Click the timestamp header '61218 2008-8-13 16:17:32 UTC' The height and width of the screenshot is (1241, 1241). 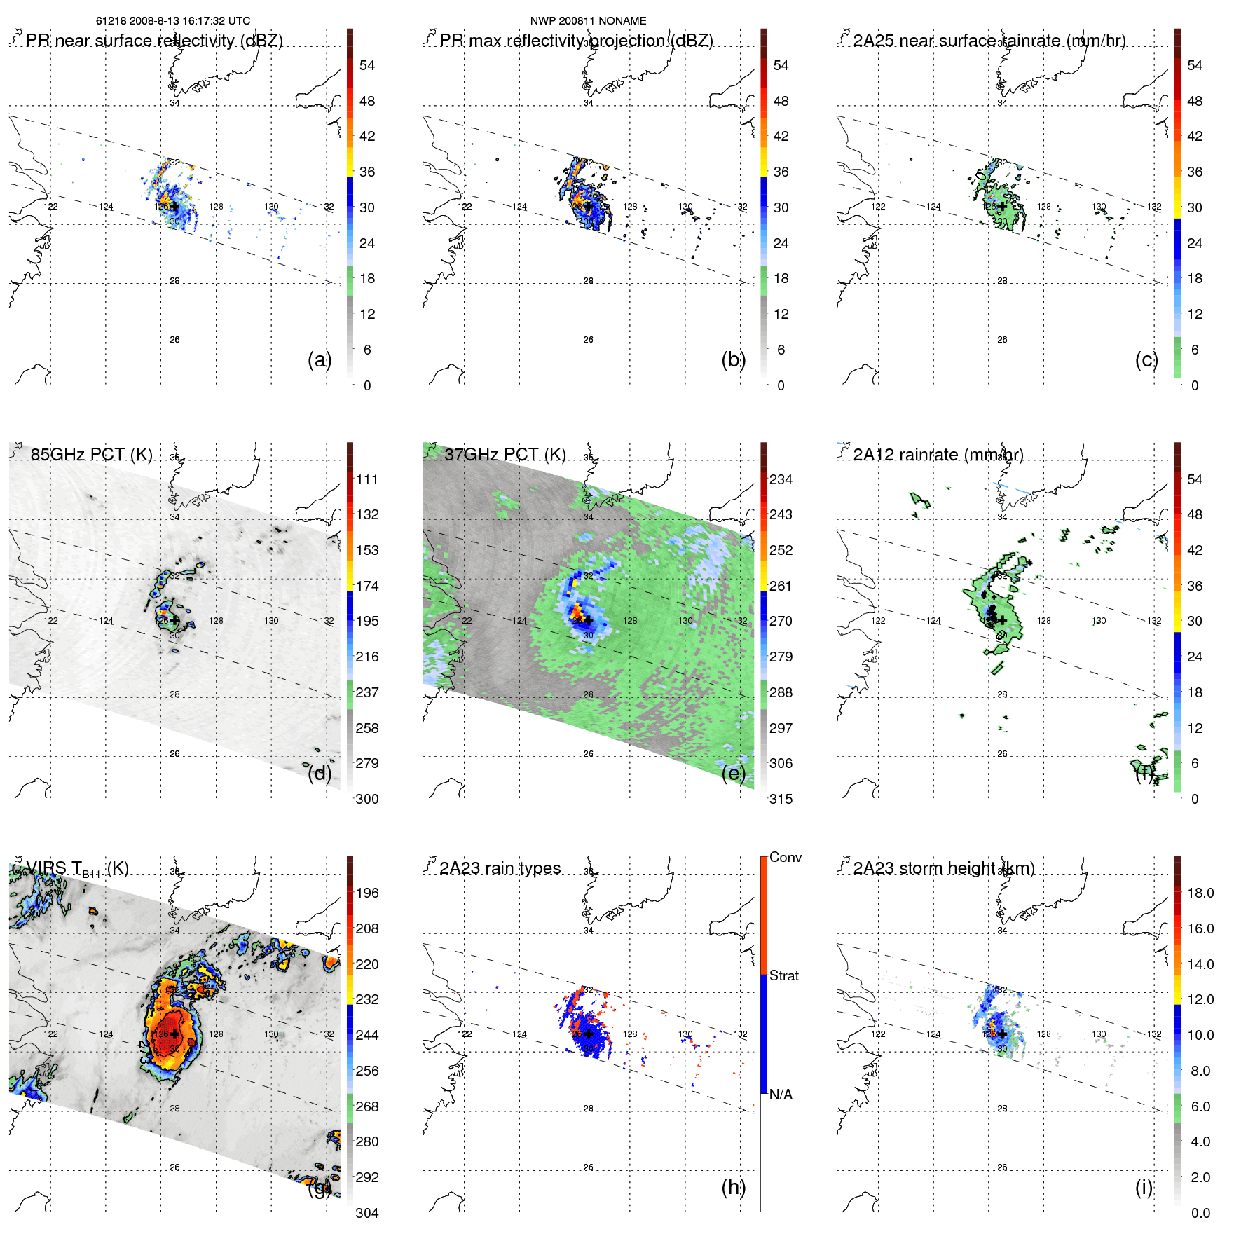click(x=172, y=21)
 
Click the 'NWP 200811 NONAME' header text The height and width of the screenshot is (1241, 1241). click(x=588, y=21)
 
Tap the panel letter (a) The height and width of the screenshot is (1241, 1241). click(x=320, y=359)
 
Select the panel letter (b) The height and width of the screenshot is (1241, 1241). click(x=734, y=359)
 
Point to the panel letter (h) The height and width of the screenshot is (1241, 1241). click(x=734, y=1187)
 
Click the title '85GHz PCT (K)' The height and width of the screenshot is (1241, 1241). click(x=92, y=455)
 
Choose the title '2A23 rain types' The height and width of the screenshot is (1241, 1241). click(x=500, y=869)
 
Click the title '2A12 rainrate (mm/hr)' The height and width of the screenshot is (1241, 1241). click(x=938, y=455)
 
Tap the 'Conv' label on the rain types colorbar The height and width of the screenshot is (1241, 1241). click(x=786, y=857)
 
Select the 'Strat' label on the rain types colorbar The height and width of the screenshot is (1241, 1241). click(x=784, y=975)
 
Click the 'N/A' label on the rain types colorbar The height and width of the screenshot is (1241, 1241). click(x=781, y=1095)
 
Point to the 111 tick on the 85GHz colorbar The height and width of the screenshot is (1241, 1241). click(x=367, y=479)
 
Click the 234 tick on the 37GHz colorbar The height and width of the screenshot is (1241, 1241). click(x=781, y=479)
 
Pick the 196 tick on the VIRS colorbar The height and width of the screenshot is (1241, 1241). click(x=367, y=893)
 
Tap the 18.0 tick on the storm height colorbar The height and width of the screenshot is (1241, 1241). click(x=1200, y=893)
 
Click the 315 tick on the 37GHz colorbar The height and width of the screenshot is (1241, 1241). click(x=781, y=799)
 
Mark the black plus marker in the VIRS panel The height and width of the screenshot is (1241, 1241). click(x=174, y=1034)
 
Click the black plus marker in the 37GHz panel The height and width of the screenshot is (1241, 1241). click(x=589, y=621)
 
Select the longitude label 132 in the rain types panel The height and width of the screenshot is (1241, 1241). click(x=740, y=1034)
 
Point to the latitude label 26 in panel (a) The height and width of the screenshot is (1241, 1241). click(x=174, y=340)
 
